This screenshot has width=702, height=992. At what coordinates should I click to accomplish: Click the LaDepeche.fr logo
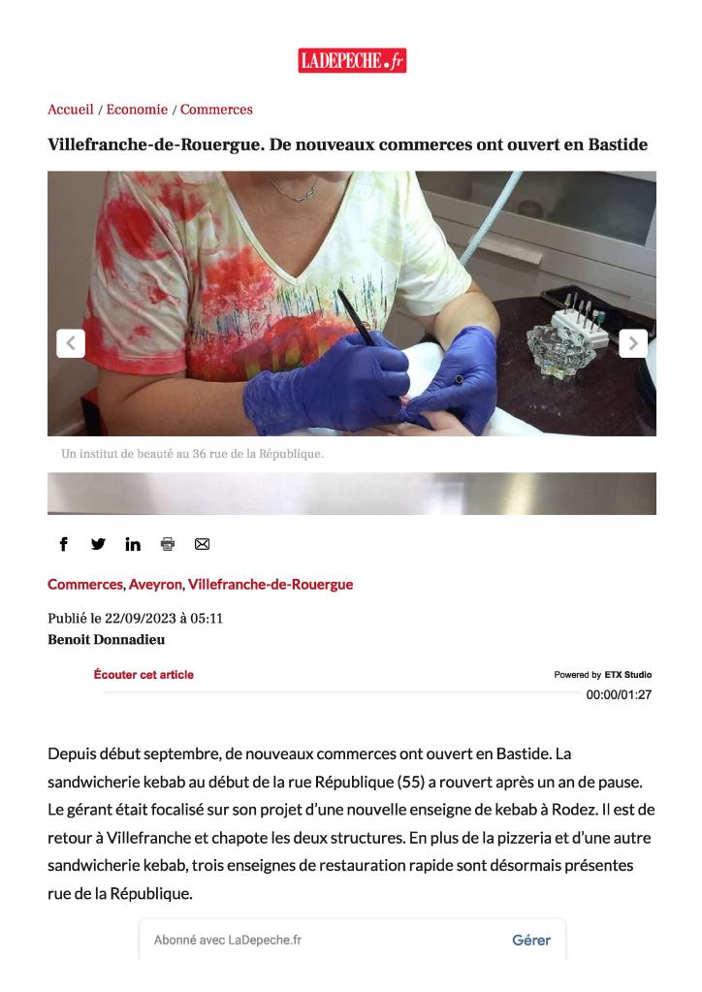point(351,61)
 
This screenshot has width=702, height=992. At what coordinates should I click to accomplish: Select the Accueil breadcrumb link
point(71,110)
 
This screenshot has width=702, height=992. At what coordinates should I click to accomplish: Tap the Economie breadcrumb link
point(137,110)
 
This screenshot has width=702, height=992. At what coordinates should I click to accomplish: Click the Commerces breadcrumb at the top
point(216,110)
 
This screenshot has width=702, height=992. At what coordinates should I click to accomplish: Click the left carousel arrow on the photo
point(71,343)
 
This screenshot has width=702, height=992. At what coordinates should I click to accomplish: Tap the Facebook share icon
point(64,544)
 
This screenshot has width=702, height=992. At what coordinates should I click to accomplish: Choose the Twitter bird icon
point(98,544)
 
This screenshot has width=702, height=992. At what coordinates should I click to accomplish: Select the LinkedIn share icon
point(133,544)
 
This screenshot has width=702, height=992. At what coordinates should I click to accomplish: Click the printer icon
point(168,544)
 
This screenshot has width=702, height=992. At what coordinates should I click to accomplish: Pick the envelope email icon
point(202,544)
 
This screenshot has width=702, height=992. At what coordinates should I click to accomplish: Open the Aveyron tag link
point(155,585)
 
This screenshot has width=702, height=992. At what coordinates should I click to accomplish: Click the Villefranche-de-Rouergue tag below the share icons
point(271,585)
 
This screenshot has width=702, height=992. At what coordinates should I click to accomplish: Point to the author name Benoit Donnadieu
point(107,639)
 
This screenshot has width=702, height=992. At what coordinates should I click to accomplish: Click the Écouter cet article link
point(144,675)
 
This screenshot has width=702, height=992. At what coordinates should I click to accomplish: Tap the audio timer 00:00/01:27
point(619,694)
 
